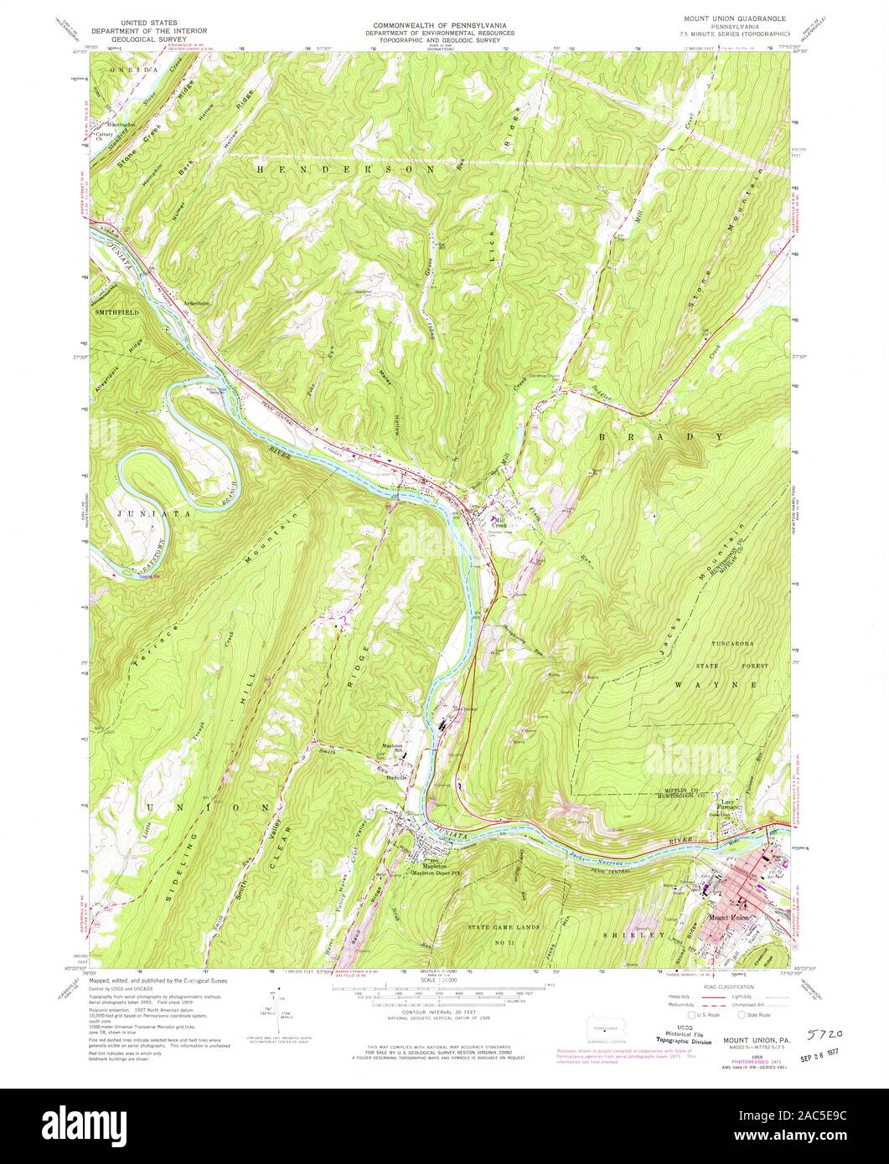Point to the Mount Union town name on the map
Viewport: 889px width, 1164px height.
click(x=726, y=919)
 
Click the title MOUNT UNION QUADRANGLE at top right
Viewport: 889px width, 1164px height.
click(x=732, y=17)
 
